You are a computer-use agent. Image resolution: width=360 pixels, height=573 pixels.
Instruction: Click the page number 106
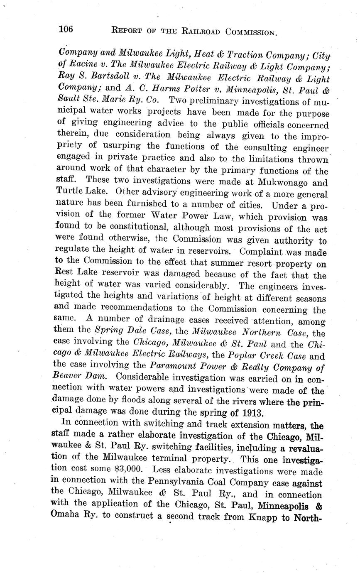coord(66,29)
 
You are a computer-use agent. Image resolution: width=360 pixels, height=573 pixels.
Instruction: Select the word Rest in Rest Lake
coord(64,274)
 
